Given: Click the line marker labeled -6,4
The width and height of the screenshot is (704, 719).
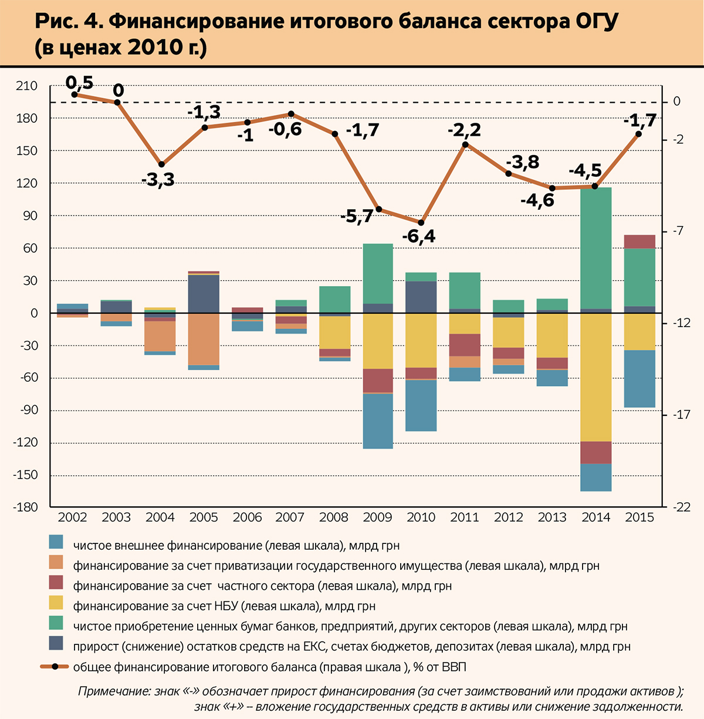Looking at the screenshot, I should click(x=421, y=223).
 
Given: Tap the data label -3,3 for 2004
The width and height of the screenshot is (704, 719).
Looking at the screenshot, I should click(x=158, y=180).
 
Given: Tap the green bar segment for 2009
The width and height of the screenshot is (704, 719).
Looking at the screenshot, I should click(x=378, y=273).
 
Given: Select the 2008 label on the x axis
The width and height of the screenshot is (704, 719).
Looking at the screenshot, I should click(x=334, y=518).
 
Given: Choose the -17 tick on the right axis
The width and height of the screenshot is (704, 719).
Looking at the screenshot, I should click(x=681, y=415).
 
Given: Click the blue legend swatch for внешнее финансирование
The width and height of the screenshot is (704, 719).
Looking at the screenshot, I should click(x=56, y=543).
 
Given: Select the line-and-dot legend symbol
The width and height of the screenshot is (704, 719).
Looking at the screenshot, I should click(x=54, y=667).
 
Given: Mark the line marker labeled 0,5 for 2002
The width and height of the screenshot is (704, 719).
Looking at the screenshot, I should click(x=75, y=94).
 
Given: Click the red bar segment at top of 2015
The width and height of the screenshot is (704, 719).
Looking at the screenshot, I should click(x=639, y=241).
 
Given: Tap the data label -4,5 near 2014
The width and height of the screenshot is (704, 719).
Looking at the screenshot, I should click(x=585, y=171).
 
